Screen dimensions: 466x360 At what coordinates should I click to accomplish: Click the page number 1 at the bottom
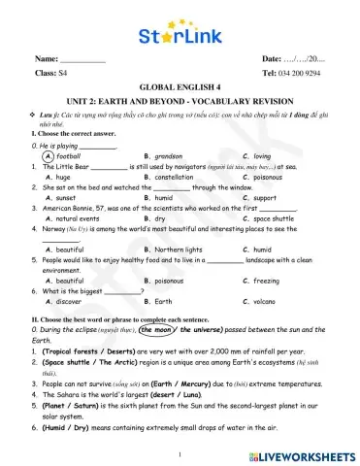pos(180,452)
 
